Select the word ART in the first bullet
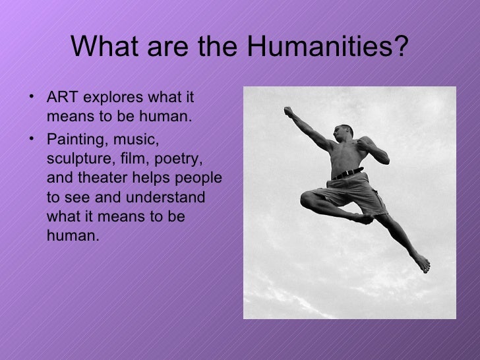click(61, 99)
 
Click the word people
click(202, 180)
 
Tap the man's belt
click(349, 174)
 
